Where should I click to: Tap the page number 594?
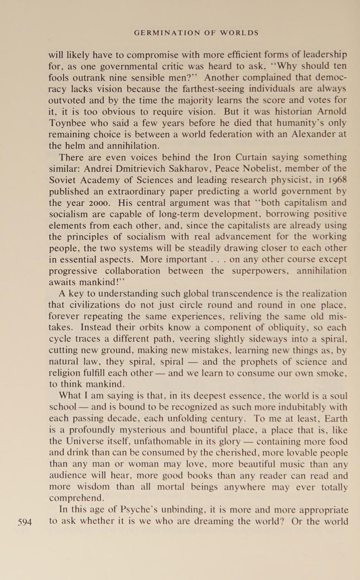[x=25, y=522]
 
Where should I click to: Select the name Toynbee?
[x=67, y=123]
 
